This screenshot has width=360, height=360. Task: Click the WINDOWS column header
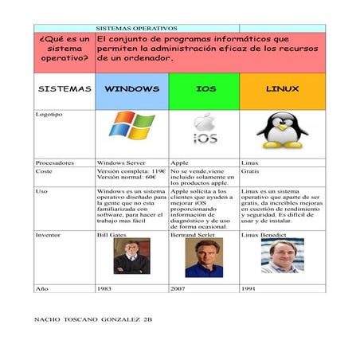click(x=131, y=88)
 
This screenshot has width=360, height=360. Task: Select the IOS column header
click(x=205, y=88)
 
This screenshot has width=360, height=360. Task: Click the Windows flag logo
click(x=131, y=127)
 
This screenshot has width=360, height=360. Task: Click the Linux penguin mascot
click(x=282, y=130)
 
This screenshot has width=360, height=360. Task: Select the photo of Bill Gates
click(x=131, y=256)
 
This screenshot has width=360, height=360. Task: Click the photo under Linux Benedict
click(x=282, y=256)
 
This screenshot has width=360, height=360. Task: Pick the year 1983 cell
click(x=104, y=288)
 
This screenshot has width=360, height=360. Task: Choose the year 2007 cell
click(x=178, y=288)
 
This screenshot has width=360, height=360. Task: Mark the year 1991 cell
click(x=249, y=288)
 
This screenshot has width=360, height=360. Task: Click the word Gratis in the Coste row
click(x=250, y=171)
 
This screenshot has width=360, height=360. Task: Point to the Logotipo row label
click(x=49, y=115)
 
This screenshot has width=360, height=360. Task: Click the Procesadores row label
click(x=55, y=162)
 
